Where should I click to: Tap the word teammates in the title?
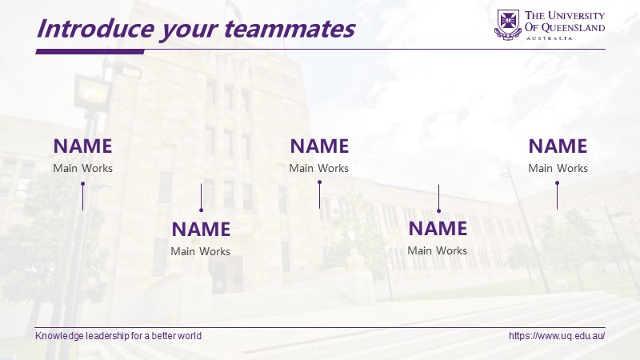click(290, 29)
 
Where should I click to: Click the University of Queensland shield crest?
click(508, 25)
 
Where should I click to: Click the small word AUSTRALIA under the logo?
click(549, 38)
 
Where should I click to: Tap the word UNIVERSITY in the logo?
click(576, 15)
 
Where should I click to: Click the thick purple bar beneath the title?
click(90, 51)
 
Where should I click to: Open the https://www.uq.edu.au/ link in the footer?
click(557, 336)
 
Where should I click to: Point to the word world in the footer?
click(190, 336)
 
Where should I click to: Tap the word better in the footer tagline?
click(165, 336)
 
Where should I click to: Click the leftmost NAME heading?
click(83, 146)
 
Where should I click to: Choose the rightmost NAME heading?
click(558, 146)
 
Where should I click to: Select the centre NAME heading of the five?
click(319, 146)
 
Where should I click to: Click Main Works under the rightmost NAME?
click(558, 168)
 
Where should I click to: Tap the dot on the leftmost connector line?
click(83, 184)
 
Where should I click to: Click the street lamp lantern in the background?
click(92, 93)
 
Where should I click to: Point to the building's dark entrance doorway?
click(226, 274)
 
